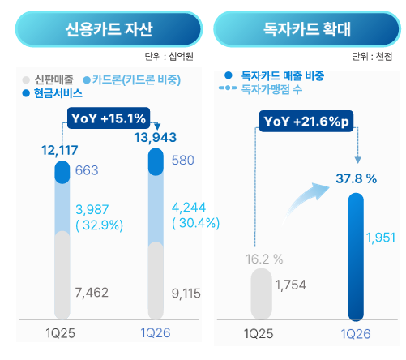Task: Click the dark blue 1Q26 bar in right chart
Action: pos(354,255)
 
